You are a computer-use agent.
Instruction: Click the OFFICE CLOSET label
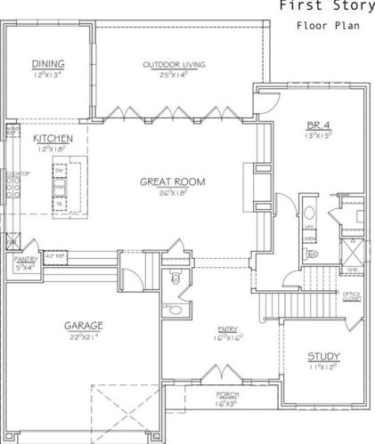point(352,295)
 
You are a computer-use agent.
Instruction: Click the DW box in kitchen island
point(61,171)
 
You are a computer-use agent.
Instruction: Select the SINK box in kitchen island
point(61,187)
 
